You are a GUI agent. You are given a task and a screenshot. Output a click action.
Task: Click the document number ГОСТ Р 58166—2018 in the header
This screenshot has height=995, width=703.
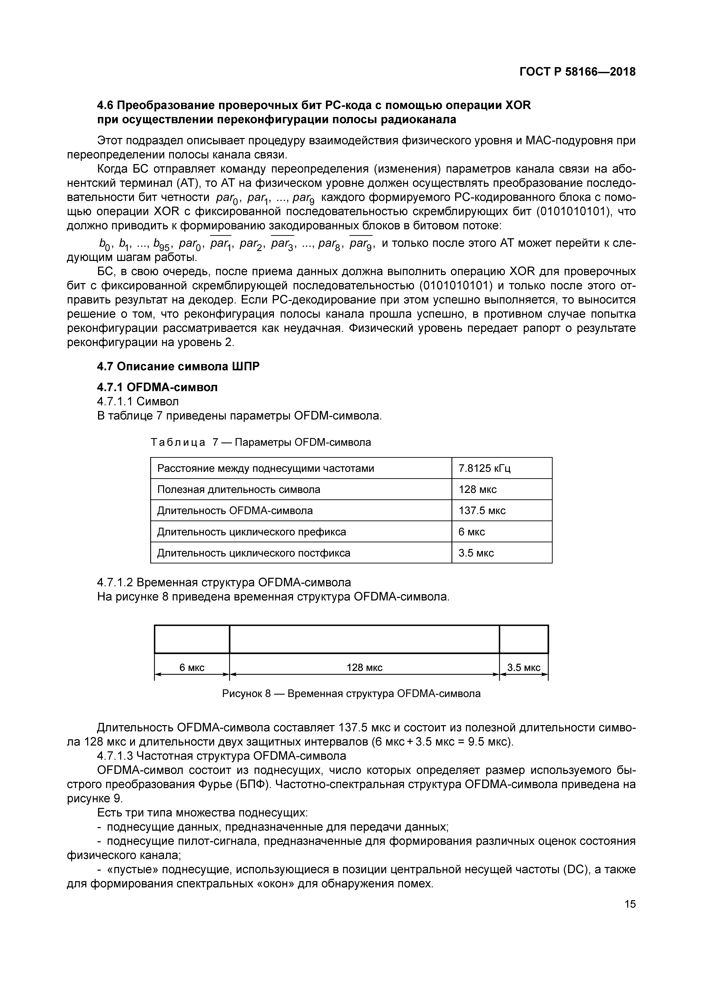pos(577,71)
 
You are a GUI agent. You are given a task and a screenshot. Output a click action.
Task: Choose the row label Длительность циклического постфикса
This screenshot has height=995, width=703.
pos(253,553)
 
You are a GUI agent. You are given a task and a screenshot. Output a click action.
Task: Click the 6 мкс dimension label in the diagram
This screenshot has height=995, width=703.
pos(192,667)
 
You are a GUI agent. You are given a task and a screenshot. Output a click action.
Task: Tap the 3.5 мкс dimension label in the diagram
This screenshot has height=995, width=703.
pos(524,667)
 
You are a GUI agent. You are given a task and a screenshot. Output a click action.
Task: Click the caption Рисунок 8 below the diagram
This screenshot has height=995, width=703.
pos(351,693)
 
